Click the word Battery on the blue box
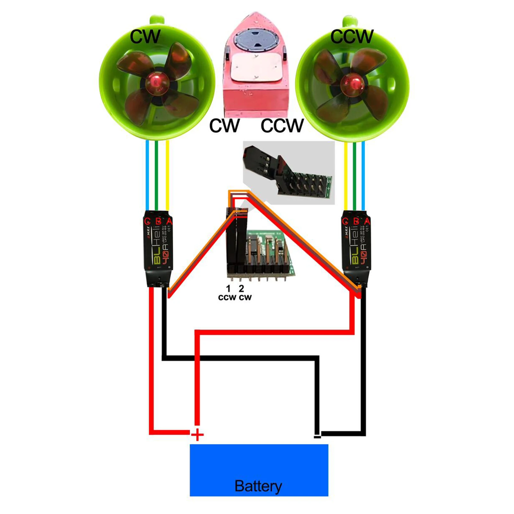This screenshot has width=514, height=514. click(258, 486)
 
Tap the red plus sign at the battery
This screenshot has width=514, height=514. click(197, 435)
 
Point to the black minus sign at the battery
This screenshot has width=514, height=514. click(317, 436)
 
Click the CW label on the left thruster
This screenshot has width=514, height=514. click(145, 37)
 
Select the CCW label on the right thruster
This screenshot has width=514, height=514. click(352, 36)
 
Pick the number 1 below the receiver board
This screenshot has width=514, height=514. click(228, 288)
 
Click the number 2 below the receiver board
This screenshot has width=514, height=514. click(241, 288)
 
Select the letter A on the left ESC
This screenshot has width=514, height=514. click(169, 221)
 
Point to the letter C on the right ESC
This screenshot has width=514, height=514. click(345, 221)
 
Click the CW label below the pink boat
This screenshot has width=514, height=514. click(224, 126)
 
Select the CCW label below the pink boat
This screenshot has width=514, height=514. click(282, 126)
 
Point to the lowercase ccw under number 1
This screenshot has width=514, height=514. click(227, 297)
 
